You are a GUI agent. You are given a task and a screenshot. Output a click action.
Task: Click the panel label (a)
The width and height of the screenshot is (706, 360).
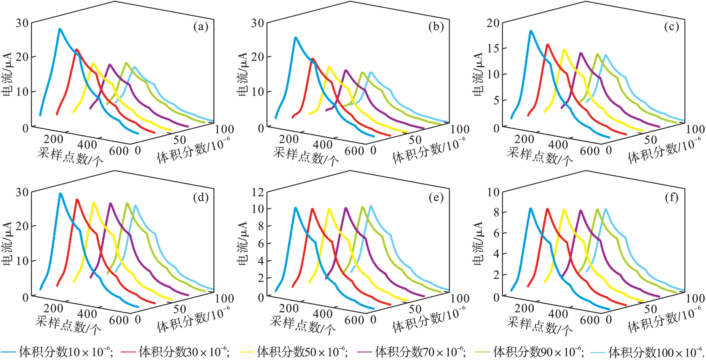[x=201, y=27]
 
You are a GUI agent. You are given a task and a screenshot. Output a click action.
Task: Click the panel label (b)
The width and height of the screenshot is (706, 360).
[x=436, y=27]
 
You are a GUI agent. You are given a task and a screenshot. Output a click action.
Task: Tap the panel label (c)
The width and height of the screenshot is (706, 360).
[x=671, y=27]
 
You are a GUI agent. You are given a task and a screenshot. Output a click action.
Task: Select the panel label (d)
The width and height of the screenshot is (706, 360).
[x=201, y=198]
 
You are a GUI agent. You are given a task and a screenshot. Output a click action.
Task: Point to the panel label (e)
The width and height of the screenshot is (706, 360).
[x=436, y=198]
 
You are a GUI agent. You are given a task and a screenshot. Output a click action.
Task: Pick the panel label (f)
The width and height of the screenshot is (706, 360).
[x=671, y=198]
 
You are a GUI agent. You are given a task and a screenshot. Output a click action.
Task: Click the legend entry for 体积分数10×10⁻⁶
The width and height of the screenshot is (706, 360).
[x=57, y=352]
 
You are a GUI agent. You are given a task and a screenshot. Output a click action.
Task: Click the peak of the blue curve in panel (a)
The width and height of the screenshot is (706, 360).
[x=60, y=29]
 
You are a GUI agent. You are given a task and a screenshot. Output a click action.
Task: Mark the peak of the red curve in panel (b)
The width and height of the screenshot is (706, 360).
[x=312, y=59]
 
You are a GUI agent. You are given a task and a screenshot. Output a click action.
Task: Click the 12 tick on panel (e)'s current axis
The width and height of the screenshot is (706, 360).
[x=258, y=192]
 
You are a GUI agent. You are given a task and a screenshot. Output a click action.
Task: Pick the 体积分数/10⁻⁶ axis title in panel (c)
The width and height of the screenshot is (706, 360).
[x=664, y=151]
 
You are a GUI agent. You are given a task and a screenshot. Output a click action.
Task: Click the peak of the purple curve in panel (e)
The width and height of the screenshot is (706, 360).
[x=346, y=208]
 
